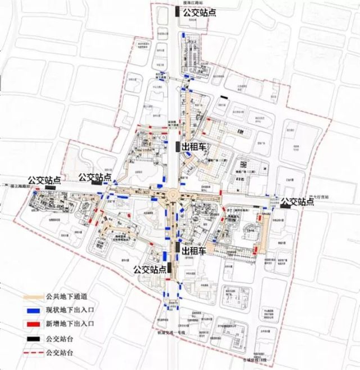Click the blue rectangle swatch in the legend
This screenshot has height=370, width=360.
click(x=34, y=310)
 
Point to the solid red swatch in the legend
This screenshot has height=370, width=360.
click(x=34, y=324)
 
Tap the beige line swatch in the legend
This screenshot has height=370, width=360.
click(x=34, y=297)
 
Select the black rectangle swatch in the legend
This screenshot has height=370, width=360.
click(x=34, y=338)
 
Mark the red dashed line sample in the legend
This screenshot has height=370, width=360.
click(x=34, y=352)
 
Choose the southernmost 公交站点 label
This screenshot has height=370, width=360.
click(x=150, y=269)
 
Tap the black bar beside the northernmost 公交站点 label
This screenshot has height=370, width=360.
click(x=178, y=13)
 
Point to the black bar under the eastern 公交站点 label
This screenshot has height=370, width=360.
click(x=285, y=207)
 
